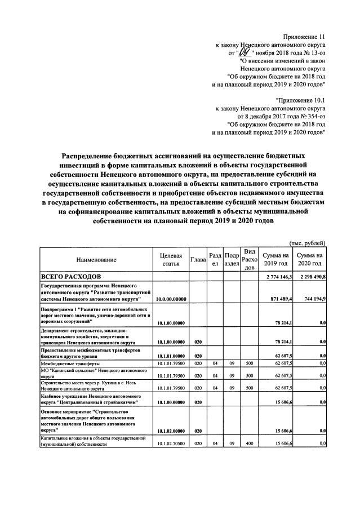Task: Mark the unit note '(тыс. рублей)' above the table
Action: click(306, 243)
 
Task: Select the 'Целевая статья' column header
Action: click(171, 260)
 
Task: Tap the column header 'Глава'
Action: click(198, 260)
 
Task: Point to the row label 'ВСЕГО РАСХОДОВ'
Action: click(70, 277)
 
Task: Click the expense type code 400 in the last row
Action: click(250, 445)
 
